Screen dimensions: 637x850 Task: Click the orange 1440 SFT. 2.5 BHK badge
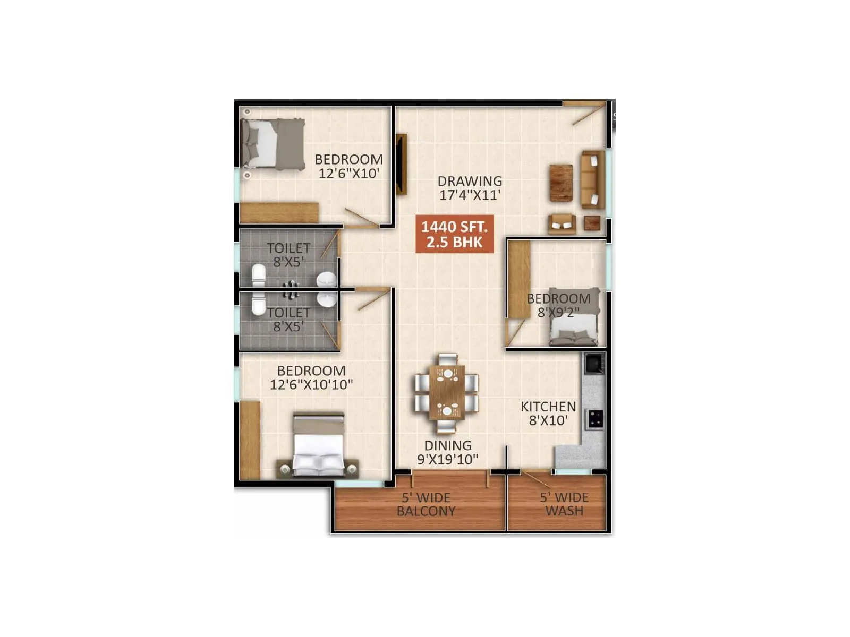pos(454,234)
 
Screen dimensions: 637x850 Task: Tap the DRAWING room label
pos(470,181)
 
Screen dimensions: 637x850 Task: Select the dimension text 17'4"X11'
pos(470,195)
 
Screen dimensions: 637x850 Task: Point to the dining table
pos(447,392)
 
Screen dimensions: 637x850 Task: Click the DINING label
pos(447,445)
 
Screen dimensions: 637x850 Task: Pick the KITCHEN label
pos(548,407)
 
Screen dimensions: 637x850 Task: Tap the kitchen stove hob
pos(594,419)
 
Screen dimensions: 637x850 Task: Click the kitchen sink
pos(593,364)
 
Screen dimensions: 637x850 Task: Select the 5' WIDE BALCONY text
pos(426,504)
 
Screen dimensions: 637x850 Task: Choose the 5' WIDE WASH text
pos(564,504)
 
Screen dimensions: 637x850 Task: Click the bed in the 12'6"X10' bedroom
pos(273,144)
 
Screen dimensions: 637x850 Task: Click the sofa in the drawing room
pos(592,179)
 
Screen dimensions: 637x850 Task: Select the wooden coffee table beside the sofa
pos(561,183)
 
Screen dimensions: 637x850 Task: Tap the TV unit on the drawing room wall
pos(402,164)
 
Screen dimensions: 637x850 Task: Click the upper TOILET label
pos(288,248)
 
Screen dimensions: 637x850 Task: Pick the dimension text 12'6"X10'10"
pos(311,384)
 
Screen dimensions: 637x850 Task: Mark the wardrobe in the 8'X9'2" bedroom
pos(519,279)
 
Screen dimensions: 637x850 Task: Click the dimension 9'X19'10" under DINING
pos(447,460)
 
